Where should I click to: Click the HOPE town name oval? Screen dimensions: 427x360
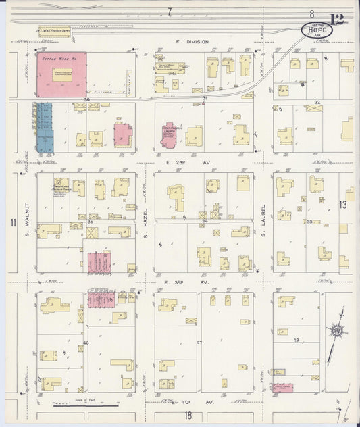pyautogui.click(x=316, y=30)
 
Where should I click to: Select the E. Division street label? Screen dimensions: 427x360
pyautogui.click(x=192, y=42)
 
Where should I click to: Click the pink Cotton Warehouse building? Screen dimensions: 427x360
pyautogui.click(x=61, y=74)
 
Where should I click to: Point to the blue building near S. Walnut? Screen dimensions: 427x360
pyautogui.click(x=45, y=126)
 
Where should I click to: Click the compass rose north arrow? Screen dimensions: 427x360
pyautogui.click(x=334, y=333)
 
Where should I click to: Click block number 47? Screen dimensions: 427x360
pyautogui.click(x=199, y=343)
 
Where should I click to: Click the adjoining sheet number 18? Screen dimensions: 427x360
pyautogui.click(x=188, y=416)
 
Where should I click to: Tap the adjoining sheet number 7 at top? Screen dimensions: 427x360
pyautogui.click(x=170, y=10)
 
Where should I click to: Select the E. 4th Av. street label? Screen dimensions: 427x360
pyautogui.click(x=183, y=401)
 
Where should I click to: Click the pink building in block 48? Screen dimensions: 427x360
pyautogui.click(x=282, y=388)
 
